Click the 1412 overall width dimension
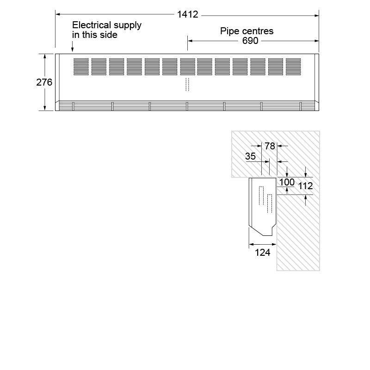pos(187,14)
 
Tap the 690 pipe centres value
pos(250,41)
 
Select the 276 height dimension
pos(44,82)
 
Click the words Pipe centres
pos(247,31)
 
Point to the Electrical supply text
pos(107,25)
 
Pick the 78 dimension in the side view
pos(270,146)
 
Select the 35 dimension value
pos(250,156)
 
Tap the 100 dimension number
pos(287,182)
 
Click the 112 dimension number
pos(305,186)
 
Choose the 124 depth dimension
pos(263,253)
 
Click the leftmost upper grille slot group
pos(80,67)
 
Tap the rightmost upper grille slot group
pos(293,67)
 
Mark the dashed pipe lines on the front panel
pos(187,84)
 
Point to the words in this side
pos(95,35)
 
